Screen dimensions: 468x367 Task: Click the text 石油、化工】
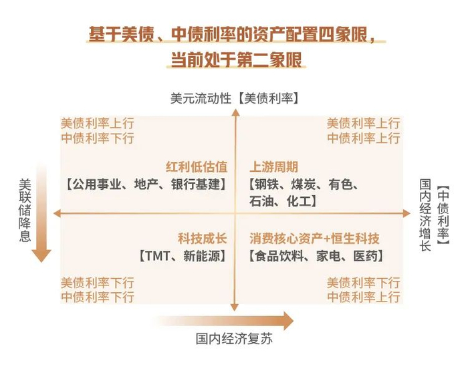(x=283, y=201)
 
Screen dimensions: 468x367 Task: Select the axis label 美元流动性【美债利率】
(x=234, y=98)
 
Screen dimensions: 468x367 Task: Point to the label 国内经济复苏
(x=234, y=339)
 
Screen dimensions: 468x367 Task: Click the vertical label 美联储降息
(x=25, y=210)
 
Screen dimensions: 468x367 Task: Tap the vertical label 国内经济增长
(x=425, y=214)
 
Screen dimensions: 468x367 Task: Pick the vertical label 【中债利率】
(x=442, y=214)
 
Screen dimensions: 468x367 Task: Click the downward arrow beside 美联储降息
(x=42, y=214)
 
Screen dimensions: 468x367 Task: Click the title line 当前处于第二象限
(x=234, y=59)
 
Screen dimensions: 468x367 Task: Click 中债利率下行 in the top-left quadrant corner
(x=98, y=138)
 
